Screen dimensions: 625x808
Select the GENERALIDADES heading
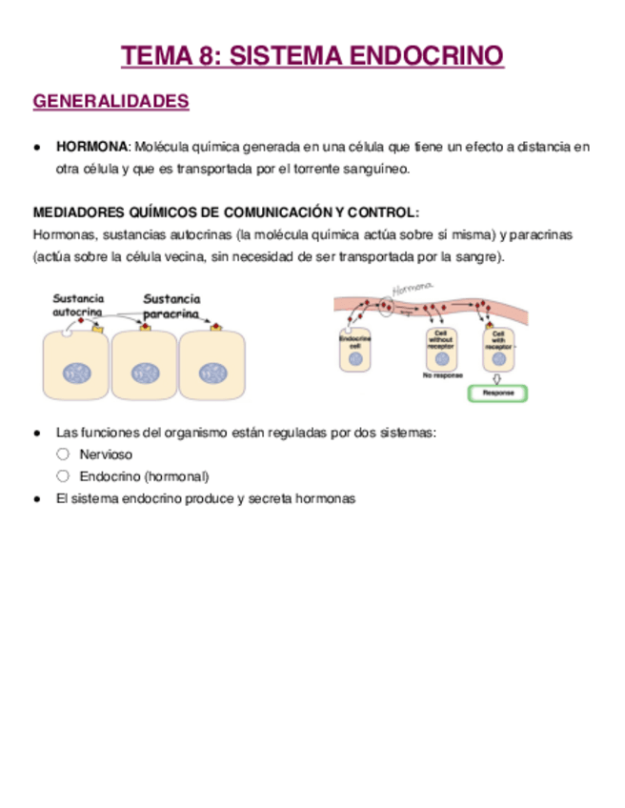tap(111, 102)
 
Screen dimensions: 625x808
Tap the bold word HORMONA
tap(91, 147)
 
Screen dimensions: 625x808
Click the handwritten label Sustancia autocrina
tap(78, 305)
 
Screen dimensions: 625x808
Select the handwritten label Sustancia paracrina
tap(171, 306)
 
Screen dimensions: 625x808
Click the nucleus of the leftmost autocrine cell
tap(77, 373)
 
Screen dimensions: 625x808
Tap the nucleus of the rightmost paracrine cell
tap(213, 373)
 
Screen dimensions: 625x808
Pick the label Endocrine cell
tap(354, 340)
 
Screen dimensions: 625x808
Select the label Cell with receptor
tap(497, 340)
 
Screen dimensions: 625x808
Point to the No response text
tap(442, 375)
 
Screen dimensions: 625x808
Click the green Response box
tap(498, 393)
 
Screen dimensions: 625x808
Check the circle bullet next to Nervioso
tap(63, 454)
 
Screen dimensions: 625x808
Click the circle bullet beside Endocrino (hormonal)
tap(63, 475)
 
